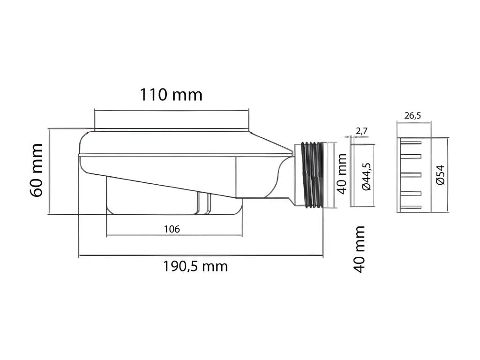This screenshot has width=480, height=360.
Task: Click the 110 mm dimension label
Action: (171, 95)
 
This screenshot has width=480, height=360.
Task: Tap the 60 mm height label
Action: (37, 171)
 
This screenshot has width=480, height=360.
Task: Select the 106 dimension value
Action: (172, 229)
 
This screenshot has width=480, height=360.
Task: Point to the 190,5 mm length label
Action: (195, 266)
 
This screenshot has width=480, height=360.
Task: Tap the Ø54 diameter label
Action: (440, 176)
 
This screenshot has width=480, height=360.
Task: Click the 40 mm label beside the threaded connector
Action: (342, 174)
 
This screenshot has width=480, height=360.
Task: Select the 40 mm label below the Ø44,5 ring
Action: (359, 249)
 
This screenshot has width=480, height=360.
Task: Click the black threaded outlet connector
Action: (311, 174)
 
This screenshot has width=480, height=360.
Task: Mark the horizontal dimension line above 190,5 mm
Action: (201, 256)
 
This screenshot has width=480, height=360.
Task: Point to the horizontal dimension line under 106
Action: (174, 235)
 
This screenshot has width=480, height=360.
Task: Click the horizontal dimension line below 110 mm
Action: (171, 111)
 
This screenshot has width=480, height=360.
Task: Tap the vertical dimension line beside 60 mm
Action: (49, 171)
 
